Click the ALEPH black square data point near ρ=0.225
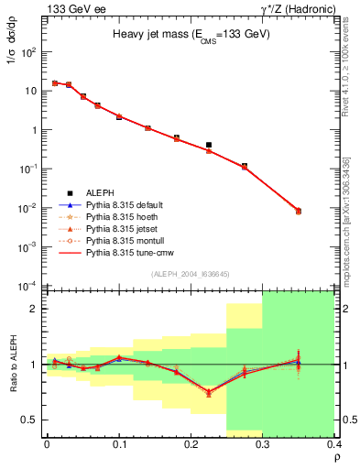pyautogui.click(x=209, y=145)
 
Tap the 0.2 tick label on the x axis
pyautogui.click(x=191, y=444)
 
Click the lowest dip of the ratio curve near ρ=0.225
pyautogui.click(x=209, y=393)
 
